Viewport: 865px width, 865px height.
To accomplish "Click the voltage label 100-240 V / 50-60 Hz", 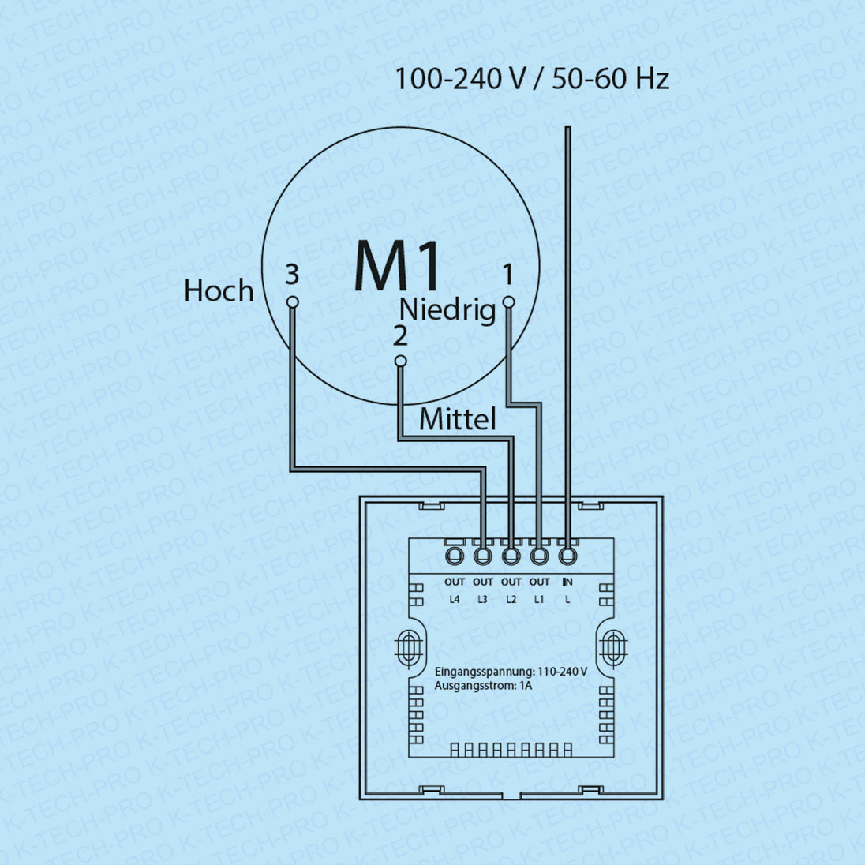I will click(x=531, y=79).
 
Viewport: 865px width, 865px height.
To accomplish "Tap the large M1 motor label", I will click(x=397, y=267).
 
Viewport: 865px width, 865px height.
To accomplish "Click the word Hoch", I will click(x=219, y=291).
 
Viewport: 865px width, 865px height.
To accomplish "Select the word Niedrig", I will click(x=447, y=309).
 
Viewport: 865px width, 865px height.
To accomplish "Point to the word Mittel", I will click(x=458, y=419).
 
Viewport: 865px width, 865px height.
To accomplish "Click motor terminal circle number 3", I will click(x=292, y=301).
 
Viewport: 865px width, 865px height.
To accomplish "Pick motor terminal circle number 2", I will click(x=400, y=361).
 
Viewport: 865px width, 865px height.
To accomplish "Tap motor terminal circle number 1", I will click(x=508, y=301).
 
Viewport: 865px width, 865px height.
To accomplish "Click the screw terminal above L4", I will click(x=455, y=556).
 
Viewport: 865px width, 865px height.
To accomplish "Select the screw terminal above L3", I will click(x=483, y=556).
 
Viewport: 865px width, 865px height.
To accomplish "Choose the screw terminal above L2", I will click(x=511, y=556).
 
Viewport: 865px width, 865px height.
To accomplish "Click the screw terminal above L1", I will click(x=540, y=556).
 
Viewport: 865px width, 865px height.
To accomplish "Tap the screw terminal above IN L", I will click(x=568, y=556).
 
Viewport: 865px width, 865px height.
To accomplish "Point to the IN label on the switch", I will click(x=567, y=582).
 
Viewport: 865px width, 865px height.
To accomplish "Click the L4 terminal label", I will click(x=455, y=600).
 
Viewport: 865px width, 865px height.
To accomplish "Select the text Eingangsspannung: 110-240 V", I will click(x=511, y=672).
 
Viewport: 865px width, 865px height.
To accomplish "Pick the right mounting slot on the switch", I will click(x=612, y=649).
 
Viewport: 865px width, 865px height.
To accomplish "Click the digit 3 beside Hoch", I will click(x=292, y=275).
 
